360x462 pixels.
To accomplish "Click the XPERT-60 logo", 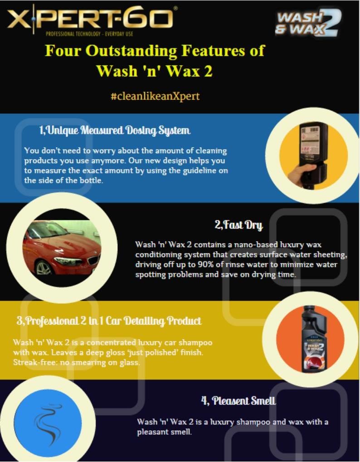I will [x=90, y=19].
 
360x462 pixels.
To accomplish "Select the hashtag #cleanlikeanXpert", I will [x=155, y=97].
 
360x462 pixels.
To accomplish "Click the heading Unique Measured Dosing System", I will [x=114, y=131].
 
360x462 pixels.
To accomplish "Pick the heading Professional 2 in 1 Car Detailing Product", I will [x=109, y=321].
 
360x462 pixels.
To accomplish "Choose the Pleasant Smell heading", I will [x=238, y=401].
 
